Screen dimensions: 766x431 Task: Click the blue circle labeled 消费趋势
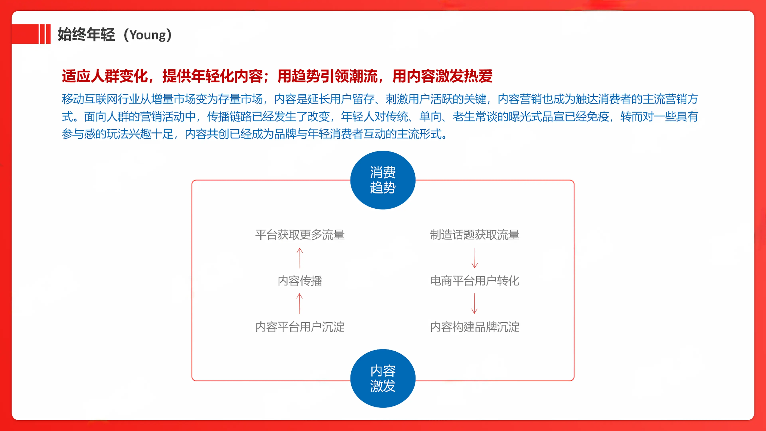tap(383, 180)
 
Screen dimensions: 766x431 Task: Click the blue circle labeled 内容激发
tap(383, 378)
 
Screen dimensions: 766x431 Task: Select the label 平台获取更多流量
tap(300, 235)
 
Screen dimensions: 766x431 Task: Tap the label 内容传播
tap(300, 281)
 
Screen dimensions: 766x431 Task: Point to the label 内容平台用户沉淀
tap(300, 327)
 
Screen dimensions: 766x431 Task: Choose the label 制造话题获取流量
tap(475, 235)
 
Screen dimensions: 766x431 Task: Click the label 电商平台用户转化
tap(475, 281)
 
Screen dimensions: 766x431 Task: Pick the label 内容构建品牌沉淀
tap(475, 327)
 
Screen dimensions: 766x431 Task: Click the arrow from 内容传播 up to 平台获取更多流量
tap(300, 258)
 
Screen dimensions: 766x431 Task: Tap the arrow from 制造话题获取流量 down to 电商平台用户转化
tap(475, 258)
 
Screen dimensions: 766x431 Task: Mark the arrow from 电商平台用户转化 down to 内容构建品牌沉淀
tap(475, 303)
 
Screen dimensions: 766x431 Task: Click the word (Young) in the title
tap(147, 35)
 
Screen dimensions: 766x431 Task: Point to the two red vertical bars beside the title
tap(45, 34)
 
